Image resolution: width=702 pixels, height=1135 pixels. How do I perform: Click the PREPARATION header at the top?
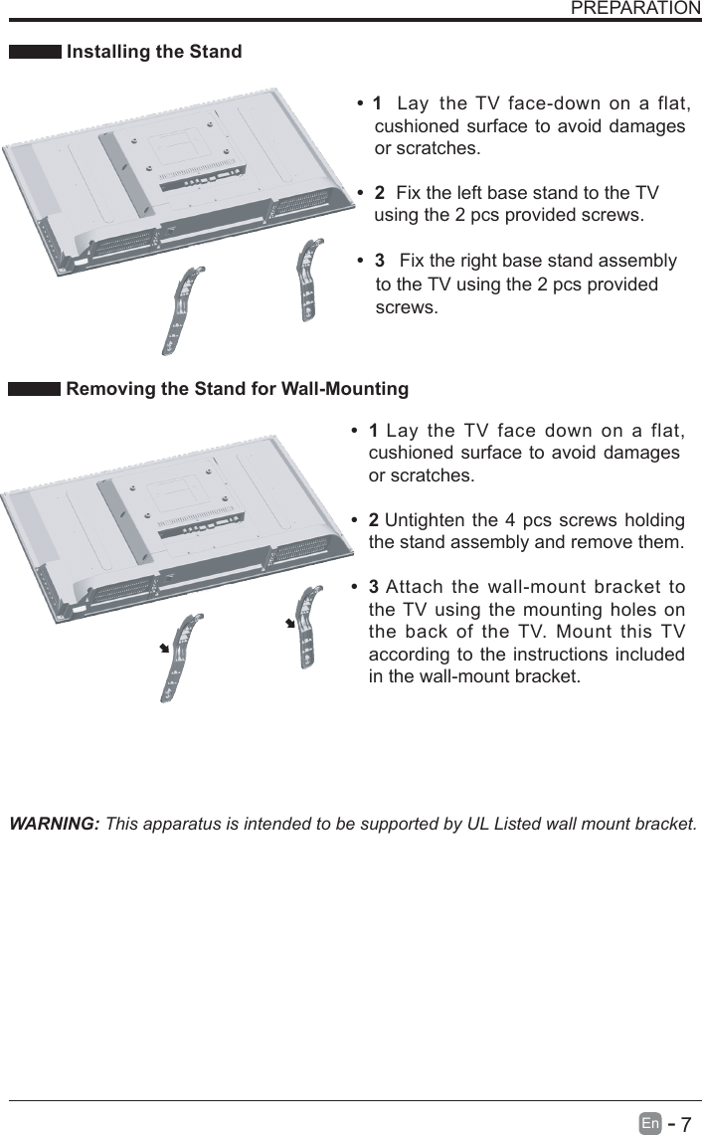635,9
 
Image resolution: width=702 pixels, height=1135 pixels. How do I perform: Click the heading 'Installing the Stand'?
153,52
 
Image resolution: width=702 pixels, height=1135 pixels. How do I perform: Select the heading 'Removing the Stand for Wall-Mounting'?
237,388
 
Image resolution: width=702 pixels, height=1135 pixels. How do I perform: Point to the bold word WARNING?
54,825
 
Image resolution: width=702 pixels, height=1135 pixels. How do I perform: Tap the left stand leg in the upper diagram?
184,309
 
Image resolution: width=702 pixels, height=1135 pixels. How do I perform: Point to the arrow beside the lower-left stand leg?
163,648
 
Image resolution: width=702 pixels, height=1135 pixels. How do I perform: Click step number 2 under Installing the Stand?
379,192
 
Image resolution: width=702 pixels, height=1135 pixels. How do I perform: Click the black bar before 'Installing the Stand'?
34,52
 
